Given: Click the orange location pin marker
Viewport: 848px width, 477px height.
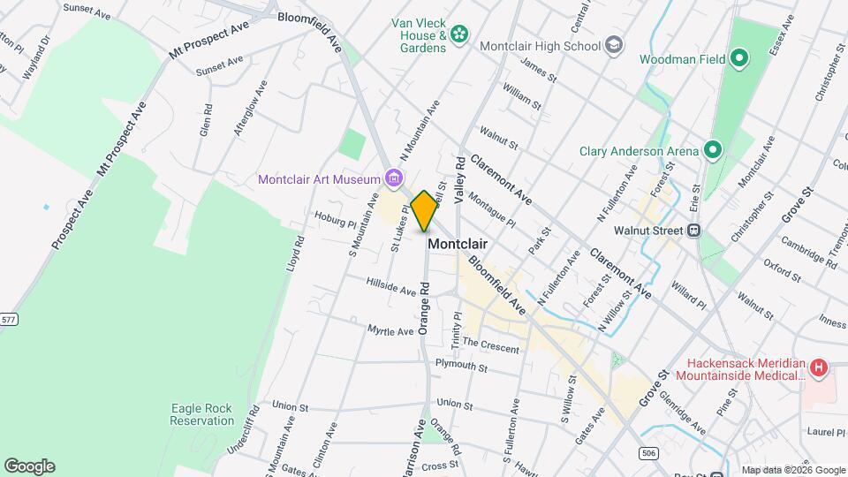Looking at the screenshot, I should point(425,210).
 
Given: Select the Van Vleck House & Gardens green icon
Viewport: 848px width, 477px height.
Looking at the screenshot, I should point(458,34).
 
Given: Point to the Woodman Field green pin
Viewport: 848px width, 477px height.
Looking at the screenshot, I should point(738,60).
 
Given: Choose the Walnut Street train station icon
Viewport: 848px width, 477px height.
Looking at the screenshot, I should point(694,231).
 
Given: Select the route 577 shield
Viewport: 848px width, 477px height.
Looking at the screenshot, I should point(9,318).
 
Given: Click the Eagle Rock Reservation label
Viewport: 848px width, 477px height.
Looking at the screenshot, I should point(202,413).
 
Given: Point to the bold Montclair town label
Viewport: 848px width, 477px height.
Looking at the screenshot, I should point(458,244).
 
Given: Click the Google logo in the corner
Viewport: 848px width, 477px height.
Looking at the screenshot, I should point(29,466).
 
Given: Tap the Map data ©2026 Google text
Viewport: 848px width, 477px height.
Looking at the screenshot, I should point(792,470).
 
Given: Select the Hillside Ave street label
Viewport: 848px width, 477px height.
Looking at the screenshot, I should point(391,285).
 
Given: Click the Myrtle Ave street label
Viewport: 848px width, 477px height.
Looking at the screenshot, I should point(390,330).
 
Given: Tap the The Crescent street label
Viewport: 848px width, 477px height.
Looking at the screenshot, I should point(490,344).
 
